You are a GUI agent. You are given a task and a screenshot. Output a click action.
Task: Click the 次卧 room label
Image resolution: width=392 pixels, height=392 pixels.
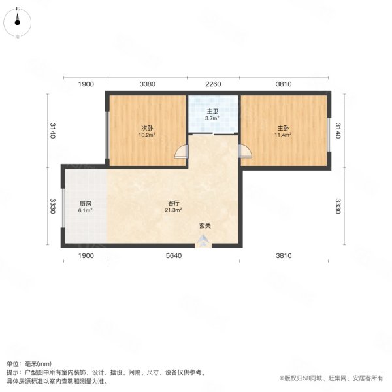(x=147, y=128)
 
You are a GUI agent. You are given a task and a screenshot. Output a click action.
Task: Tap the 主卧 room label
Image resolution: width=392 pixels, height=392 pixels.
(x=284, y=128)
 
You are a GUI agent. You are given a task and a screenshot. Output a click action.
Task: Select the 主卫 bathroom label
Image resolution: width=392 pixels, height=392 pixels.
(x=213, y=111)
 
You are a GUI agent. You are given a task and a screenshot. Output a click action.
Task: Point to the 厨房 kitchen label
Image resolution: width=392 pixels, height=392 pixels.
(x=86, y=203)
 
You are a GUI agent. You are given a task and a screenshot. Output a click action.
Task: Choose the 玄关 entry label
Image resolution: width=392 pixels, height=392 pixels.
(x=205, y=226)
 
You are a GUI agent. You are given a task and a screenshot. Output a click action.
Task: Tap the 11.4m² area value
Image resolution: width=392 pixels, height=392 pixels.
(x=284, y=135)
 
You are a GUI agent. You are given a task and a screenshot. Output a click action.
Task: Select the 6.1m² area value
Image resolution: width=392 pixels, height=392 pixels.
(x=86, y=210)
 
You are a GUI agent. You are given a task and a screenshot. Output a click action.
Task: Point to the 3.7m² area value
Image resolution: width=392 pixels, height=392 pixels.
(x=212, y=118)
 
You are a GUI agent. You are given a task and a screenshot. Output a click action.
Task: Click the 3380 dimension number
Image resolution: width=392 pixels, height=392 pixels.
(x=148, y=84)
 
